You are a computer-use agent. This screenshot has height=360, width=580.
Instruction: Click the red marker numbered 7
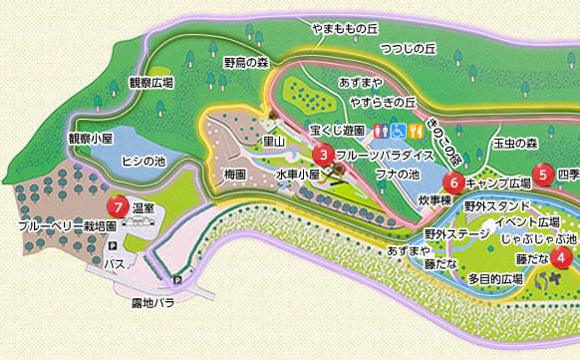120,207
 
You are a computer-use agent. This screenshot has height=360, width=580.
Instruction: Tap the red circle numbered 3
323,155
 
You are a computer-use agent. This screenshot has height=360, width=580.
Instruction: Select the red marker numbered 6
453,182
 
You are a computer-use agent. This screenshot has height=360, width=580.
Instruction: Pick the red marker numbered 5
543,173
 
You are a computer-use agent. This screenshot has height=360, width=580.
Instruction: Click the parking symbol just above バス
112,247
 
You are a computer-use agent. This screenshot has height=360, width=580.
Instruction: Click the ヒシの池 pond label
142,161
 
